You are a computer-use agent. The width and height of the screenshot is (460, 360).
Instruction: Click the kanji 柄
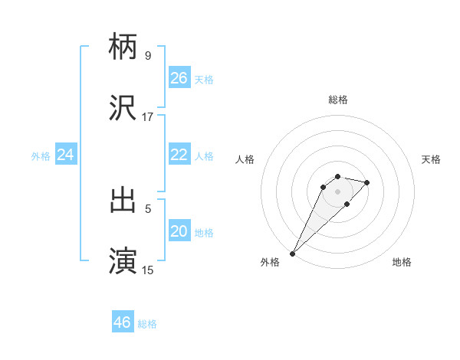[x=123, y=46]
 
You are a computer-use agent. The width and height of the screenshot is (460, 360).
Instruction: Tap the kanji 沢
[x=123, y=108]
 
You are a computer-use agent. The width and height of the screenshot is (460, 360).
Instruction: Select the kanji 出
[x=123, y=200]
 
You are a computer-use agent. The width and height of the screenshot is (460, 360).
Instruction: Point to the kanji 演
[x=123, y=261]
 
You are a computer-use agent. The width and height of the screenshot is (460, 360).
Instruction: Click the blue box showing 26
[x=179, y=78]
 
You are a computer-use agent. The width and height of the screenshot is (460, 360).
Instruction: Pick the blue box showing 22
[x=179, y=155]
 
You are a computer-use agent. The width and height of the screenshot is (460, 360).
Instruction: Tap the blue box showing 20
[x=179, y=231]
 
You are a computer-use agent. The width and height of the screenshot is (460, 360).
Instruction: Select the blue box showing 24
[x=65, y=155]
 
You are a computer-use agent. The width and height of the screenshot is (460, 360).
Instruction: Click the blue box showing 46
[x=122, y=322]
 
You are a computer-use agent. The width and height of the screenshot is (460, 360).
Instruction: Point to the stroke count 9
[x=148, y=56]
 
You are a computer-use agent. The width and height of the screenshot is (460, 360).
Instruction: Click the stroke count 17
[x=148, y=117]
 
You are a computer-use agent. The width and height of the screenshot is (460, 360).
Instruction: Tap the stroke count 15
[x=148, y=270]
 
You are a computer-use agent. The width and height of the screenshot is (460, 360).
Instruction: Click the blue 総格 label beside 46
[x=147, y=324]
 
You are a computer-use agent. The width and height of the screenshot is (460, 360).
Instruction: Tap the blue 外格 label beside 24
[x=41, y=156]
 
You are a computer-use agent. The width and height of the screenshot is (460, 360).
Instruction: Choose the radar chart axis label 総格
[x=337, y=100]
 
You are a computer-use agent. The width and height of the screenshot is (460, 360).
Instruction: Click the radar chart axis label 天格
[x=432, y=159]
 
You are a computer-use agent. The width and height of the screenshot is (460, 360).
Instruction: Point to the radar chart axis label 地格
[x=402, y=262]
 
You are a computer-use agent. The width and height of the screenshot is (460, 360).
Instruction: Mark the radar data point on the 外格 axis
[x=292, y=253]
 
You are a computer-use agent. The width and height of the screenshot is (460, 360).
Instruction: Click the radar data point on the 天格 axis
[x=367, y=182]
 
